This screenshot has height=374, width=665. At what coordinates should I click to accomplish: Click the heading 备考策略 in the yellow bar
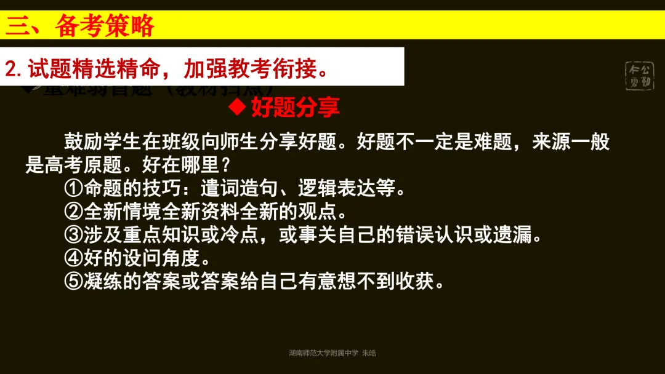point(104,26)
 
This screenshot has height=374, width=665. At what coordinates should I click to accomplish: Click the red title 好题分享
point(295,108)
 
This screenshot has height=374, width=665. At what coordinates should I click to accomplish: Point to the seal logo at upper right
point(639,76)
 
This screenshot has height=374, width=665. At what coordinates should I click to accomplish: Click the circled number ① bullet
point(73,188)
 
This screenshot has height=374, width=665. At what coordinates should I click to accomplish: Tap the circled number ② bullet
point(73,212)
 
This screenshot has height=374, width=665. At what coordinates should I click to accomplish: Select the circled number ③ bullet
point(73,235)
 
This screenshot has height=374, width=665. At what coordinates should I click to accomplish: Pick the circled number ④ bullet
point(73,258)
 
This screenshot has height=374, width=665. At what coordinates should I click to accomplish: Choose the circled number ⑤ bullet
point(73,282)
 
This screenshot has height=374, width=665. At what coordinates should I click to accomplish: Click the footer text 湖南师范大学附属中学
point(323,353)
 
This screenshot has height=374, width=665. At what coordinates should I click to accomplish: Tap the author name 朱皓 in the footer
point(368,353)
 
